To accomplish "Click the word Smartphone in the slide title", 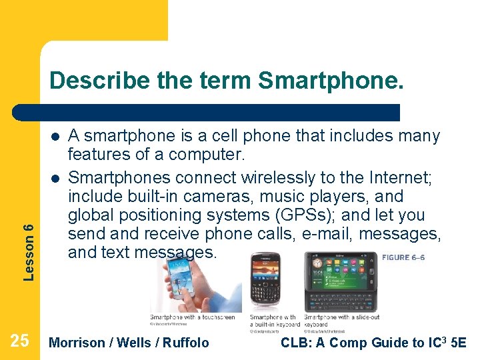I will [330, 81].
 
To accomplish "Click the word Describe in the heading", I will [101, 81].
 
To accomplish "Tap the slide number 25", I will [20, 341].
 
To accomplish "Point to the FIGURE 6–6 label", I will [403, 257].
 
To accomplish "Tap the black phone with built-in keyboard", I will [265, 280].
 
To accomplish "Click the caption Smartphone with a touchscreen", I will [192, 317].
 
